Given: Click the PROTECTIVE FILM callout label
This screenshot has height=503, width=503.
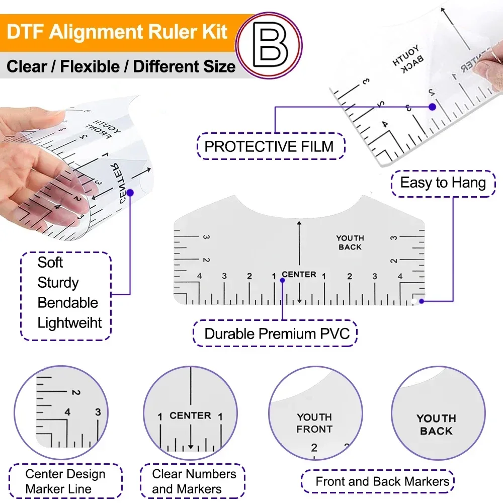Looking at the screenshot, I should [x=269, y=146].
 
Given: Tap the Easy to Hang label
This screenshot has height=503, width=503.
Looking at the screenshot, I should [x=443, y=183].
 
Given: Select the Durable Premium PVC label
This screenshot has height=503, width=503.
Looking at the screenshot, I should [x=277, y=333].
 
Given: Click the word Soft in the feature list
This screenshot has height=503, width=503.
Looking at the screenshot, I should [x=50, y=263].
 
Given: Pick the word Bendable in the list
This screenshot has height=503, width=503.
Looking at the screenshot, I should [x=67, y=303].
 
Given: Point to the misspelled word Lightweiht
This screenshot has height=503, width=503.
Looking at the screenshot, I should [x=69, y=323].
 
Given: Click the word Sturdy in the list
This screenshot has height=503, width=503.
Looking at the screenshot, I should [x=58, y=283].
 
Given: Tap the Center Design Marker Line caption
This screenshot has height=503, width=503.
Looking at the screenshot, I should [x=65, y=481].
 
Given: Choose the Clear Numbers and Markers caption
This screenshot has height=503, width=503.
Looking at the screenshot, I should [x=194, y=481].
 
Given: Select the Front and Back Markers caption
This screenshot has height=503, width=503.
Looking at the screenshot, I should [x=382, y=481].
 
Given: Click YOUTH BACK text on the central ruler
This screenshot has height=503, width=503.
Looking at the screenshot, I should [x=350, y=242].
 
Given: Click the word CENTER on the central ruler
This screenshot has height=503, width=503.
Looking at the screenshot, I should [x=299, y=275].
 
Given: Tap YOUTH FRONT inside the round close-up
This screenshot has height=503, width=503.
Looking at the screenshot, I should [x=314, y=423].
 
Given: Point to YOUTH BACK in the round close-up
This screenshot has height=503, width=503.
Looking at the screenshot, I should [x=436, y=425].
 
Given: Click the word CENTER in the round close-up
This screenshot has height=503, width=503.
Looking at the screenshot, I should [x=190, y=416].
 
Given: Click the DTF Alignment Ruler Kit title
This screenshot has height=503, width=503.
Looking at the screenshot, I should [x=117, y=33].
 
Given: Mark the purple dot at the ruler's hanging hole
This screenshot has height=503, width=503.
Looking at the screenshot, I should [x=422, y=301].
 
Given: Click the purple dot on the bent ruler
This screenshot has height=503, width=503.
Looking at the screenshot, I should [x=130, y=192].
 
